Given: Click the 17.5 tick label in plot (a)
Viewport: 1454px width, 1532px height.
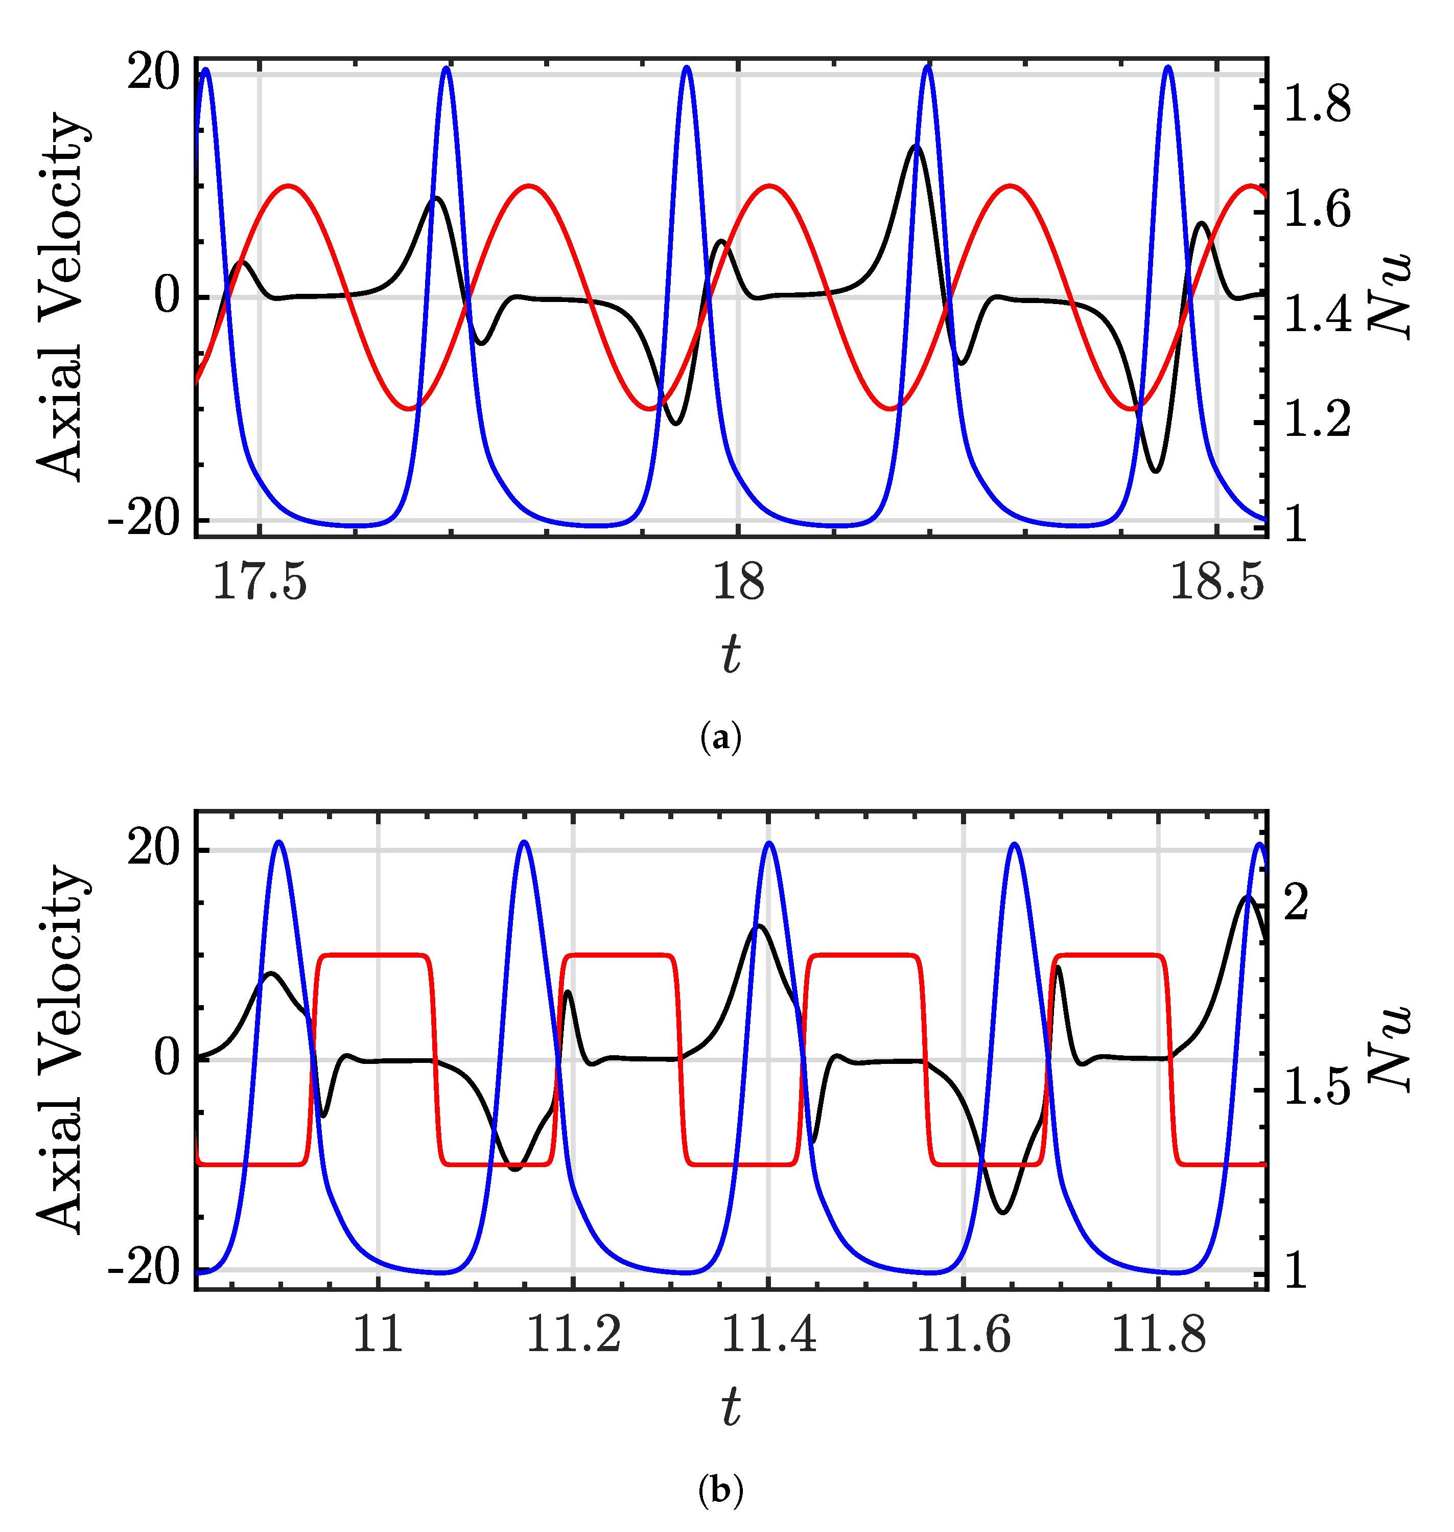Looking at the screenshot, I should point(260,582).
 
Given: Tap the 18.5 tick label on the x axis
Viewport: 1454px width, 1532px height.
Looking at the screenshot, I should point(1216,582).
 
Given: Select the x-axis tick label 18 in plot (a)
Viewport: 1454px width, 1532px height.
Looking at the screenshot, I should point(738,582).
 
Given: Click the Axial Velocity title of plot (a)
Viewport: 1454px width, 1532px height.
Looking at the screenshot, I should point(60,296).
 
